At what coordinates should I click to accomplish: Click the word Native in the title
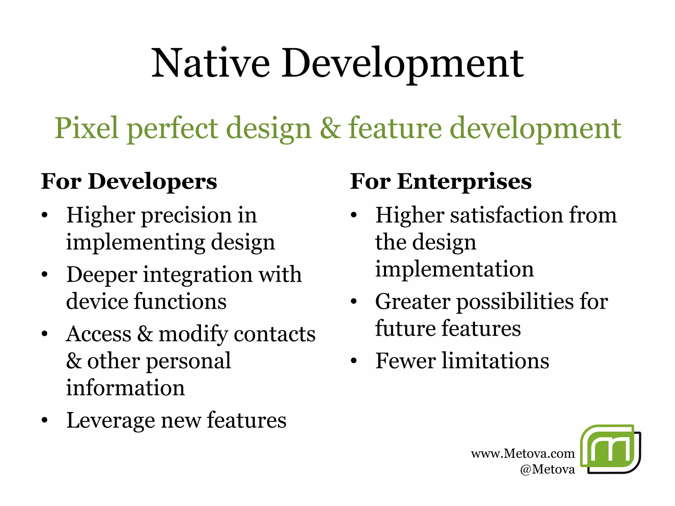pyautogui.click(x=210, y=63)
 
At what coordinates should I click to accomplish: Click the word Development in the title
pyautogui.click(x=402, y=63)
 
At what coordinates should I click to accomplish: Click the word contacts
pyautogui.click(x=274, y=334)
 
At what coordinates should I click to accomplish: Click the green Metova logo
pyautogui.click(x=610, y=449)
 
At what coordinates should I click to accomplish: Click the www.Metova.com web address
pyautogui.click(x=523, y=454)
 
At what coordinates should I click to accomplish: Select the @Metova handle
pyautogui.click(x=547, y=469)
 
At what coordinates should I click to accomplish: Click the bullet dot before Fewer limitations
pyautogui.click(x=354, y=361)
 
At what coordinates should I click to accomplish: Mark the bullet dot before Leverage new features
pyautogui.click(x=45, y=421)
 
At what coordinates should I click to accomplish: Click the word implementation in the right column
pyautogui.click(x=455, y=269)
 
